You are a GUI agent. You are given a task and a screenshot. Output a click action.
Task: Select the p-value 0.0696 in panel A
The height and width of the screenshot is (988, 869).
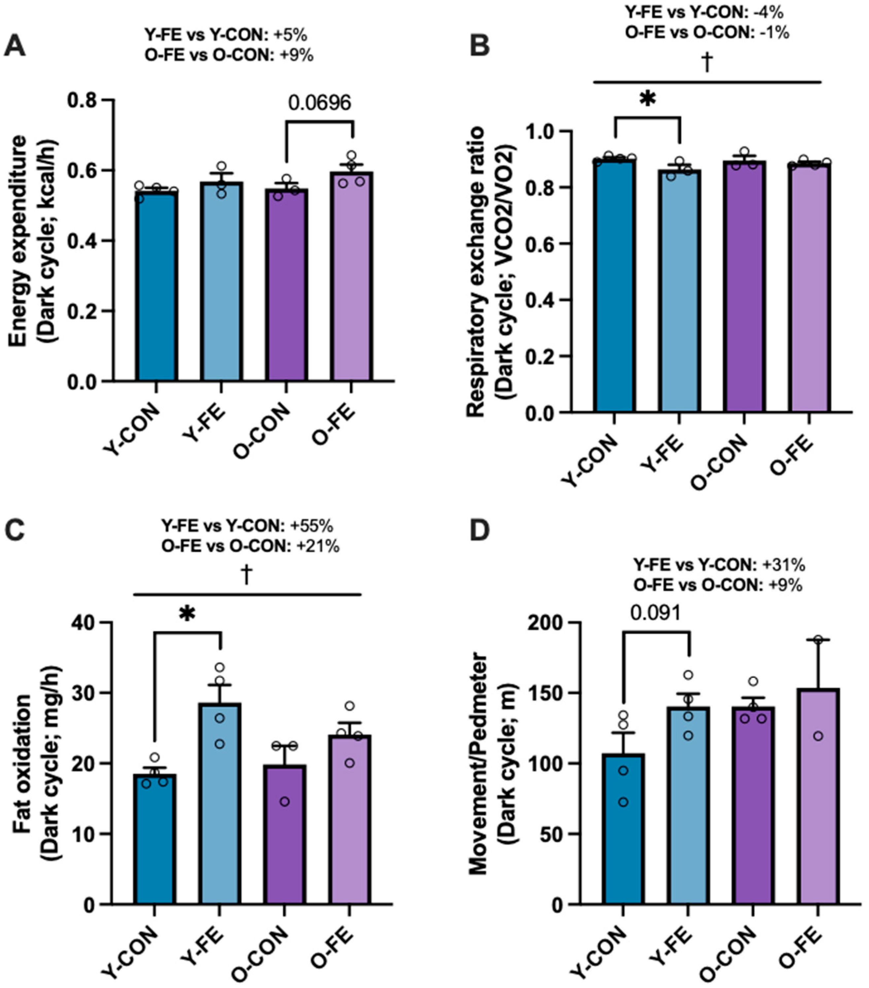click(319, 103)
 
